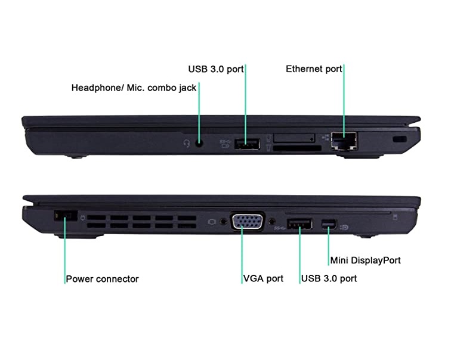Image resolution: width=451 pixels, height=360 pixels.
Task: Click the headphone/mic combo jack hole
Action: [x=199, y=142]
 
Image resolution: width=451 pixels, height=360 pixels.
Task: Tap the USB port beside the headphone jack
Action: [x=246, y=144]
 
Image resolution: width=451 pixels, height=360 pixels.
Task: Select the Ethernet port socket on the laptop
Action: [x=344, y=141]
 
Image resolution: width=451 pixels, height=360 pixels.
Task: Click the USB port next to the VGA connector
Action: [x=299, y=225]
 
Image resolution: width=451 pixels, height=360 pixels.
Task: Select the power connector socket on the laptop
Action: [x=65, y=217]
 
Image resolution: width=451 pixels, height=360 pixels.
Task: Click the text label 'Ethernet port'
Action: [x=314, y=69]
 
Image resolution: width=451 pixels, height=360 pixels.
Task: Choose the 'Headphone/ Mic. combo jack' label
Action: [x=134, y=88]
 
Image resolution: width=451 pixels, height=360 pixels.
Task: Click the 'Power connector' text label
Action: [x=102, y=278]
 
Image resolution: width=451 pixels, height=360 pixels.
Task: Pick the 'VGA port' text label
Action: [x=263, y=278]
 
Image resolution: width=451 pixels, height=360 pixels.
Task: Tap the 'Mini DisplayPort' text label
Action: [x=365, y=260]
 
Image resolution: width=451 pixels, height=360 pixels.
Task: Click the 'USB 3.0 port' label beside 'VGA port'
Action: [x=329, y=278]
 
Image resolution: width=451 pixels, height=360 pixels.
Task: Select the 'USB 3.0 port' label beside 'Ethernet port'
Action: [x=215, y=69]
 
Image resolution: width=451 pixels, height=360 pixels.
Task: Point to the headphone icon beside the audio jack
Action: [x=187, y=143]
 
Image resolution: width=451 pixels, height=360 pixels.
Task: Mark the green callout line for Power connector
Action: [x=64, y=250]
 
